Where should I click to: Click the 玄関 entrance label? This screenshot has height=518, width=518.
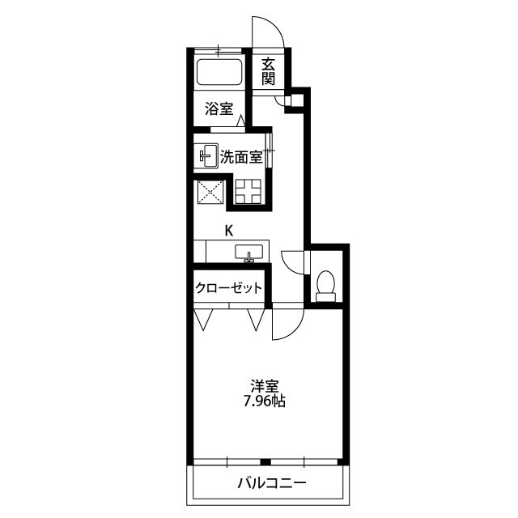[268, 71]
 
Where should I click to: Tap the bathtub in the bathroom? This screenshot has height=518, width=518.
[219, 72]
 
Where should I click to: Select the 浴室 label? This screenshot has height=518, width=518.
[219, 108]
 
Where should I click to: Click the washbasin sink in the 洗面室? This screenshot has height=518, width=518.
[206, 155]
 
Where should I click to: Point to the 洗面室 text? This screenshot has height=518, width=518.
[241, 156]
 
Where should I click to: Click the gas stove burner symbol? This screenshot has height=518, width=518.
[248, 191]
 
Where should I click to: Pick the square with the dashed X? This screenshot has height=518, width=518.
[210, 192]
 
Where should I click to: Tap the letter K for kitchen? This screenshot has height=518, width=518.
[229, 231]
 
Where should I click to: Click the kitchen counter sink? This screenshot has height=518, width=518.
[248, 253]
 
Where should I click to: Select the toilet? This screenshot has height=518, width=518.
[325, 286]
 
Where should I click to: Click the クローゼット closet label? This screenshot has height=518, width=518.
[228, 288]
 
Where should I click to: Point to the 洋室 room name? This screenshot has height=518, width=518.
[265, 385]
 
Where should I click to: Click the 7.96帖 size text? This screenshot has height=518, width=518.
[265, 401]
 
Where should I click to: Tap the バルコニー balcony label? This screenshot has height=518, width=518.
[272, 483]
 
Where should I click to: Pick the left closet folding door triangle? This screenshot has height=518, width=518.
[203, 320]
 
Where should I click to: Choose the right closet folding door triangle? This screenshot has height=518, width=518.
[256, 320]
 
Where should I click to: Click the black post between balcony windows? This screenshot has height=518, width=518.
[265, 462]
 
